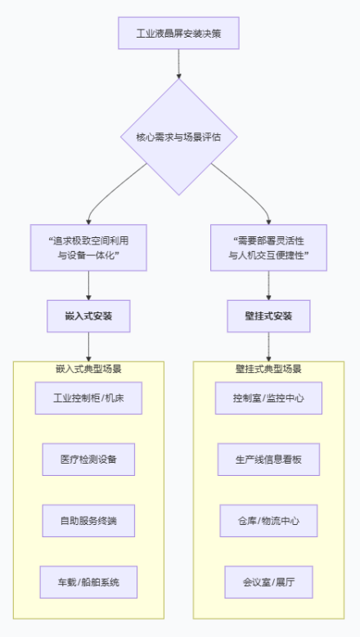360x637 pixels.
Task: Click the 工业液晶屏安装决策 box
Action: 178,34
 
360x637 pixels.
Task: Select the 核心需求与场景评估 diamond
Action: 178,137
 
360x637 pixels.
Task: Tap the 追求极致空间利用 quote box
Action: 88,248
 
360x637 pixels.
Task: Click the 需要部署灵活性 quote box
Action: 268,248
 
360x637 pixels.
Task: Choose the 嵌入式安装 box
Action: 88,316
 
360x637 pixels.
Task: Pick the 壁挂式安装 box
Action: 268,316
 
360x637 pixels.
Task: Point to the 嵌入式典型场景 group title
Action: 88,369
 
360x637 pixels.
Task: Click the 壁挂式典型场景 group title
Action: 268,369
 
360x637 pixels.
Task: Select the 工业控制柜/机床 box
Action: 88,398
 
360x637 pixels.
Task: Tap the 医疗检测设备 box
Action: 88,460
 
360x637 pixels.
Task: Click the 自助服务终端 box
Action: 88,521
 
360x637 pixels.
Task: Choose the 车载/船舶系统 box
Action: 88,582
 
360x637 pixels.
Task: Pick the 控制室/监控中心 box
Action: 269,398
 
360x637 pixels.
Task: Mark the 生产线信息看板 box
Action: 269,460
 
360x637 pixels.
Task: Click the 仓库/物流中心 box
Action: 269,521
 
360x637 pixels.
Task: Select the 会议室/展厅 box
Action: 269,582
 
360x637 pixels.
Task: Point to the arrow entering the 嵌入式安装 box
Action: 88,285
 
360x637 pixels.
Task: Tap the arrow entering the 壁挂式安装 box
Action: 268,285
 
